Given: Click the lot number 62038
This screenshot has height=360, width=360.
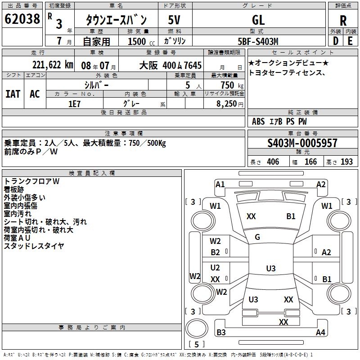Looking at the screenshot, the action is coord(22,19).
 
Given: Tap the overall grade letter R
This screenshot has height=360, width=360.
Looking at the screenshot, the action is coord(343,21).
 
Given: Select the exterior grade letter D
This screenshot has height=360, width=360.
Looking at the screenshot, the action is coord(336,41).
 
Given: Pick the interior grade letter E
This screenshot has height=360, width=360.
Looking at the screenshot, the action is coord(350,41).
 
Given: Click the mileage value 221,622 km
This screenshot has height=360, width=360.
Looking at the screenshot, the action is coord(53,65).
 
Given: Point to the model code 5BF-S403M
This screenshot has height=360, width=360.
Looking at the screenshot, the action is coord(258,41).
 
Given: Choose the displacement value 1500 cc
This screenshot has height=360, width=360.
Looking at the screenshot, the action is coord(141,41).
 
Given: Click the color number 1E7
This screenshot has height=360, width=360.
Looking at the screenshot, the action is coord(74,104).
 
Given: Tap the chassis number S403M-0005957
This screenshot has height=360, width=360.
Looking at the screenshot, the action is coord(302,143).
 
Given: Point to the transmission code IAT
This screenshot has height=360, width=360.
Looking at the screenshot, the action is coord(13,94).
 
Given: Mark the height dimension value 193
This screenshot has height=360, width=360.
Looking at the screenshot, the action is coord(346,162).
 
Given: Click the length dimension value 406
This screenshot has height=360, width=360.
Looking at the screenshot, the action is coord(273,162).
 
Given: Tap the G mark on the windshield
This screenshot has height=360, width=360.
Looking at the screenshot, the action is coord(257,237).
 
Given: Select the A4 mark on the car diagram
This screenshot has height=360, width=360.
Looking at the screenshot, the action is coord(320,332).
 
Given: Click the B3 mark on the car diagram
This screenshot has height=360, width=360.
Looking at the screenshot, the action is coord(221,332).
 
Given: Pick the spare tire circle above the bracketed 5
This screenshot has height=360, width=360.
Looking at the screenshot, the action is coord(197,328).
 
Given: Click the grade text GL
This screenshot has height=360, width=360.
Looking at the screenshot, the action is coord(258,20).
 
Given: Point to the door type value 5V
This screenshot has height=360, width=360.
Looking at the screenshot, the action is coord(174,20).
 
